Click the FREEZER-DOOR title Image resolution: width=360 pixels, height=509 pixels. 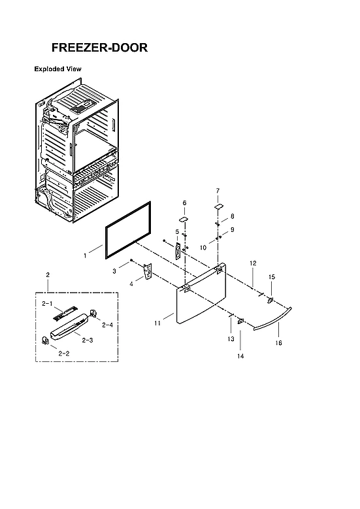tap(99, 48)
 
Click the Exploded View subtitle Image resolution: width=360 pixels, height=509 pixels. tap(57, 69)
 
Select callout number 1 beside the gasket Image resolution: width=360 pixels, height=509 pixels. tap(85, 256)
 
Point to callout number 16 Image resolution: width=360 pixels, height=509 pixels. tap(278, 343)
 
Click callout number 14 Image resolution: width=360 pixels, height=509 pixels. tap(240, 356)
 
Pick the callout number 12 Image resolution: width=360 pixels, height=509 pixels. tap(252, 263)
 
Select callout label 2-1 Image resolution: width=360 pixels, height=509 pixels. tap(47, 304)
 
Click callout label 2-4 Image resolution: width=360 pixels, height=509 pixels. tap(107, 325)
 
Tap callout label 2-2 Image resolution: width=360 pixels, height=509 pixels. tap(64, 353)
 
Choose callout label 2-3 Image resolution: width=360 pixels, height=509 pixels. tap(87, 340)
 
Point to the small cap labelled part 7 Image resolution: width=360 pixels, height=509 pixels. tap(218, 206)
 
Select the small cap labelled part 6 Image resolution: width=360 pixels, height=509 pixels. tap(184, 219)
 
